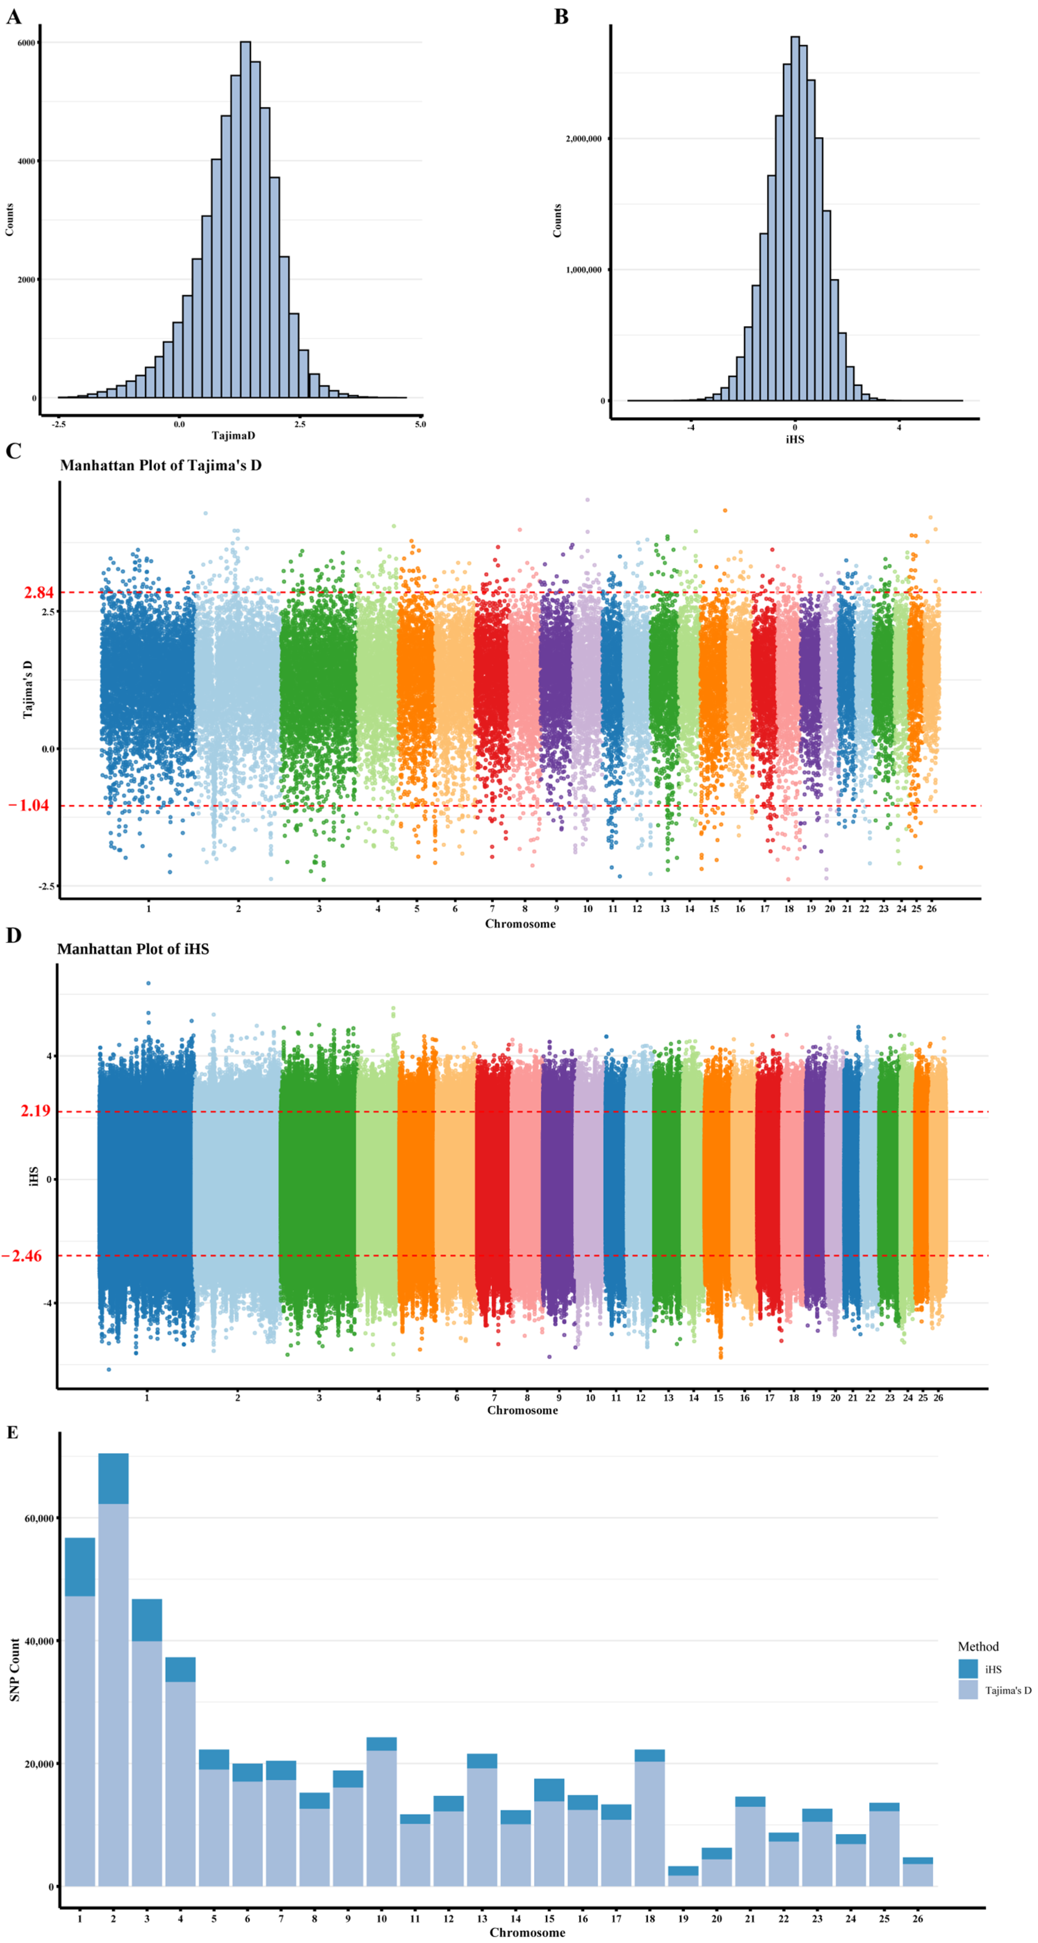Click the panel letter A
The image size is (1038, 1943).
[14, 17]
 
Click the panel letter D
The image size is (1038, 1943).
[14, 935]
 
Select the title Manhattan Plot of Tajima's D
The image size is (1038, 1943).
[161, 465]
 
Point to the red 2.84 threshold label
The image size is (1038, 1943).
[39, 592]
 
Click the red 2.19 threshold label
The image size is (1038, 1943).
[35, 1110]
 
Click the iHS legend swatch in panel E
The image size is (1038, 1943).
[968, 1668]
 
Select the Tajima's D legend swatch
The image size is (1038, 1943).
[968, 1690]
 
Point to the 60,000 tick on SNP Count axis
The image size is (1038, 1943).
[39, 1518]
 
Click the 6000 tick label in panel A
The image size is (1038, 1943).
[26, 43]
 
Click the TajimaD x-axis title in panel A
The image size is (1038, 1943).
[233, 435]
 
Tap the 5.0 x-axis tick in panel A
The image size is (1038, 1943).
[420, 424]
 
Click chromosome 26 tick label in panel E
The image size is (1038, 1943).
[917, 1918]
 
